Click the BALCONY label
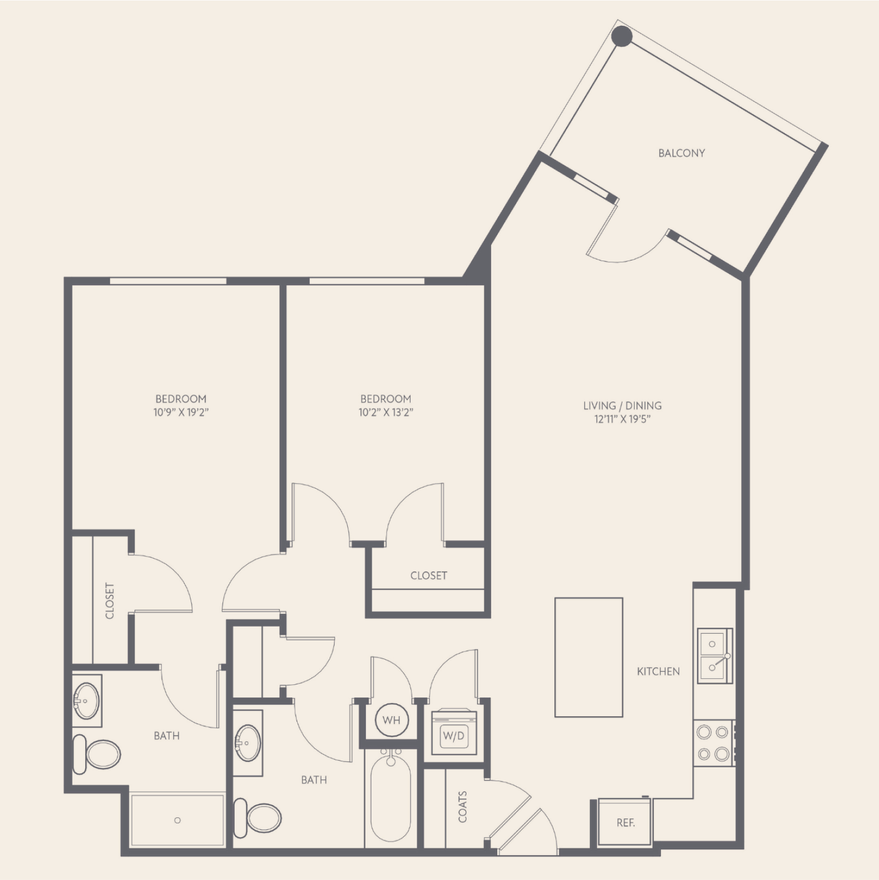[x=681, y=153]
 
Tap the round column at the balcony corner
[x=622, y=36]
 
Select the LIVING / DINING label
[x=622, y=406]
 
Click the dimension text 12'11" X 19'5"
[x=622, y=419]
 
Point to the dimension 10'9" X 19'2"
[x=181, y=412]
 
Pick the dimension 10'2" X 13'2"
[x=386, y=412]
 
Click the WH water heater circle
[x=391, y=720]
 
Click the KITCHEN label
[x=658, y=671]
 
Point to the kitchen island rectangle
[x=588, y=657]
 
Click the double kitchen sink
[x=715, y=656]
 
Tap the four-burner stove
[x=714, y=743]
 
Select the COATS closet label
[x=463, y=807]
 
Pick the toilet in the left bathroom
[x=97, y=754]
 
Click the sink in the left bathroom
[x=86, y=701]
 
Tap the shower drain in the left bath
[x=177, y=820]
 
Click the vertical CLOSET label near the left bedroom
[x=110, y=601]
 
